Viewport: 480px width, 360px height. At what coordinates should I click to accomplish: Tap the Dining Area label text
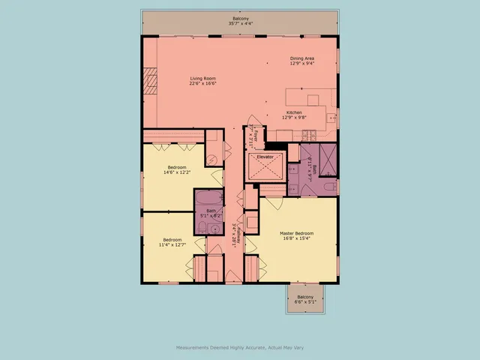(302, 58)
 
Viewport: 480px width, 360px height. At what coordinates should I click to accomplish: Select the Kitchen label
(294, 112)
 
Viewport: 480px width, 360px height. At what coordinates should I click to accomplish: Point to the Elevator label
(265, 157)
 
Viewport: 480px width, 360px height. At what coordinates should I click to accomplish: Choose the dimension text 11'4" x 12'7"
(173, 245)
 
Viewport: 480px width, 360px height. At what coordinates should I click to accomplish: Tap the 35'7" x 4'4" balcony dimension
(239, 24)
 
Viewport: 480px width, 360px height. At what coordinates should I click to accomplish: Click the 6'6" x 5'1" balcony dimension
(305, 302)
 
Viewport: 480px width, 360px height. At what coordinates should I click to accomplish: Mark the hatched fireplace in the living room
(151, 80)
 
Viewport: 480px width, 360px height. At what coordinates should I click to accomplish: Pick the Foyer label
(256, 135)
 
